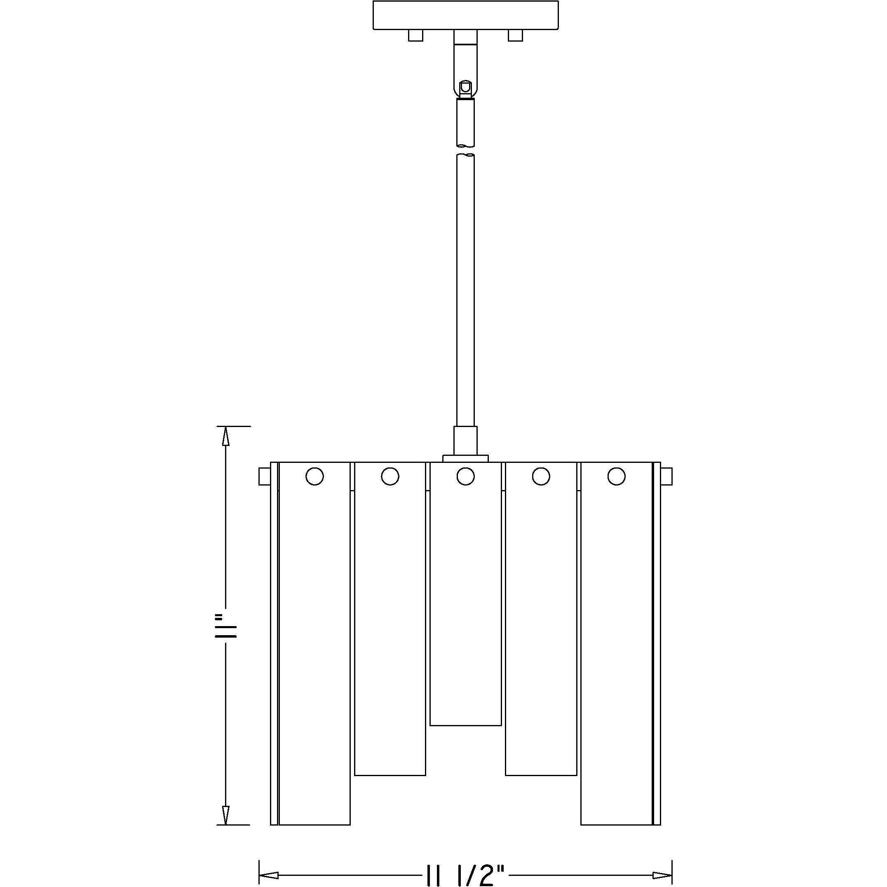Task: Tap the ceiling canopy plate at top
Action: click(465, 15)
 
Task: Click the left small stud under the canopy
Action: click(415, 35)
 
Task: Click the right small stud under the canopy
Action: click(515, 35)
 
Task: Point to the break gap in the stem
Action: click(465, 150)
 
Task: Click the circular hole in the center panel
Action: click(465, 476)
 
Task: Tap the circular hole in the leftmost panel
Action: click(314, 476)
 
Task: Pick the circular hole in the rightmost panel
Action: click(616, 476)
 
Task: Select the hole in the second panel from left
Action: click(390, 476)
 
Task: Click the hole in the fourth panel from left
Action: click(541, 476)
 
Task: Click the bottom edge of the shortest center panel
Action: click(465, 725)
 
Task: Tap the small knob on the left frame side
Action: click(265, 476)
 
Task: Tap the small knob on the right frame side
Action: click(666, 476)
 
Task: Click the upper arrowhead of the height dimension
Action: click(225, 436)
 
